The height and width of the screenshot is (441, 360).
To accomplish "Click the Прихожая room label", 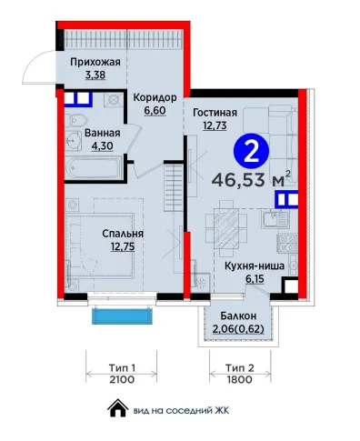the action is [x=95, y=62].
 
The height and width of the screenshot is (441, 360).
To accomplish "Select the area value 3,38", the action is [x=95, y=75].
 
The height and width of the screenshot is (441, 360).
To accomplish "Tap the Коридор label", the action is [x=155, y=97].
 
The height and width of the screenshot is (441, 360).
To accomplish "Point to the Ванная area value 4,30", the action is [x=103, y=146].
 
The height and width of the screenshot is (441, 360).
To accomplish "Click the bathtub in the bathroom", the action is [x=94, y=167].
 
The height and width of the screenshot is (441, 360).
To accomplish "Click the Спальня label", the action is [x=123, y=234].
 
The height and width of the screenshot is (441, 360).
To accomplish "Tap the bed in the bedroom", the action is [x=100, y=246].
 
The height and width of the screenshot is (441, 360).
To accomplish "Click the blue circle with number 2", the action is [x=252, y=151].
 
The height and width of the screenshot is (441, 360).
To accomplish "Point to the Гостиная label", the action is [x=215, y=113].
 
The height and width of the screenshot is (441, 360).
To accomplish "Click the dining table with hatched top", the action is [x=226, y=227].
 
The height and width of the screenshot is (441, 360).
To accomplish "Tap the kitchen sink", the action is [x=275, y=219].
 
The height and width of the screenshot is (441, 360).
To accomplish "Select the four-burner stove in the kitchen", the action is [x=287, y=244].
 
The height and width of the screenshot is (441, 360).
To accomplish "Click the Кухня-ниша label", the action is [x=255, y=266].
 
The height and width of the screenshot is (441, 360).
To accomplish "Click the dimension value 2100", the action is [x=122, y=379].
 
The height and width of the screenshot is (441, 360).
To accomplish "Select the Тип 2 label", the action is [x=240, y=368].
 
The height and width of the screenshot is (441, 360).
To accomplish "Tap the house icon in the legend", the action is [x=118, y=408].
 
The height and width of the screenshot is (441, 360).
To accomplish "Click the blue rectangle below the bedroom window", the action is [x=122, y=316].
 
